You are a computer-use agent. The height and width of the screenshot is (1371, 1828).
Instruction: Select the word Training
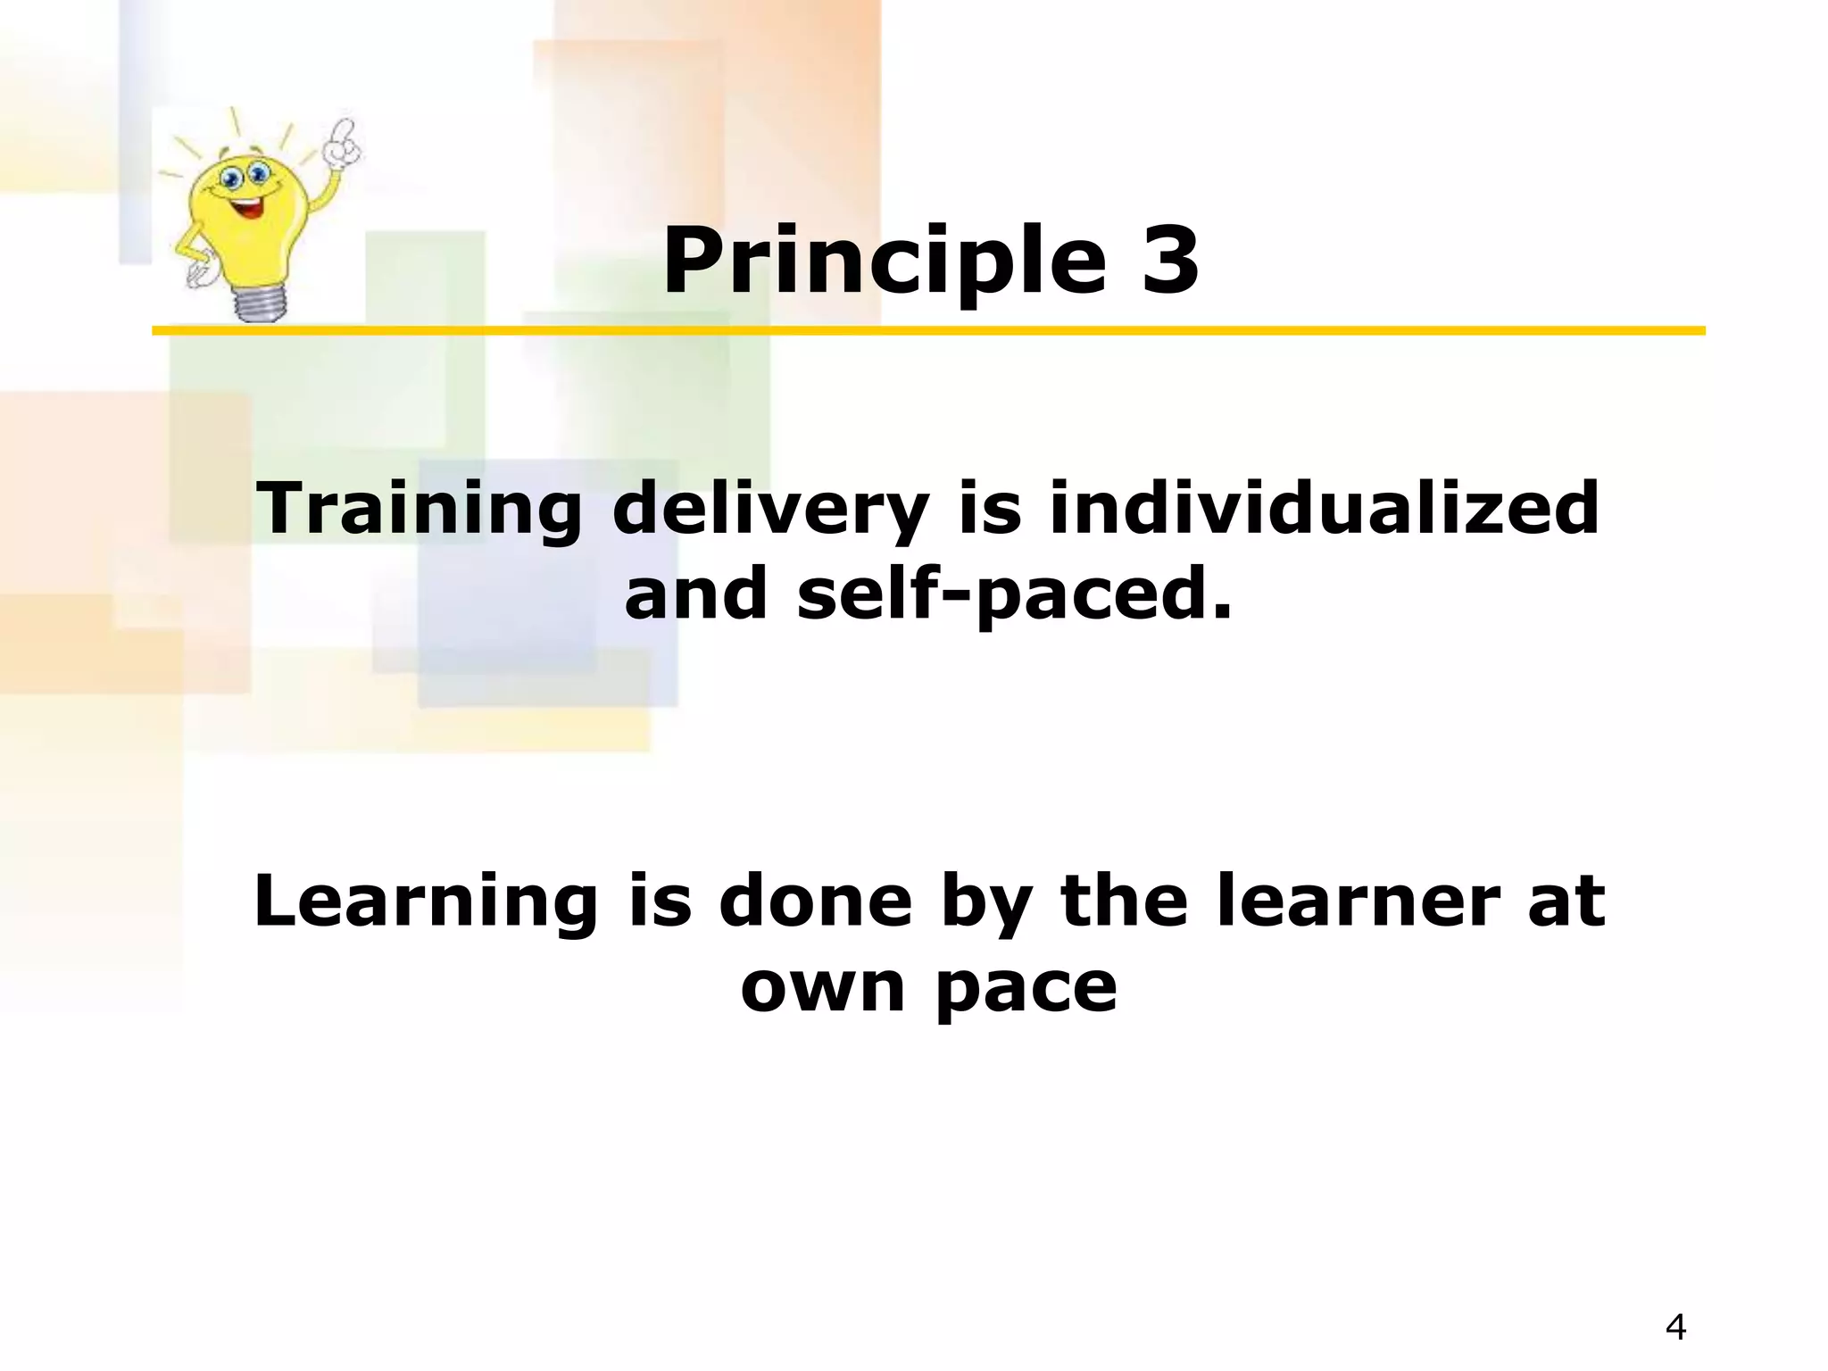(x=419, y=509)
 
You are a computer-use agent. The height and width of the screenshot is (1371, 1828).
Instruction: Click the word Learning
(x=425, y=902)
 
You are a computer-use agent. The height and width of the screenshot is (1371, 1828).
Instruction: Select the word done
(x=815, y=902)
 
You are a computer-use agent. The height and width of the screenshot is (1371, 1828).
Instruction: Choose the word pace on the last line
(x=1026, y=989)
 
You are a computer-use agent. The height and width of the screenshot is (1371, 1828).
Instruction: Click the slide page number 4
(x=1675, y=1327)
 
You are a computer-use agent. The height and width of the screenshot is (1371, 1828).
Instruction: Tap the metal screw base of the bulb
(x=261, y=303)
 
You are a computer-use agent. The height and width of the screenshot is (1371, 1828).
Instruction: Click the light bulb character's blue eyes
(x=245, y=175)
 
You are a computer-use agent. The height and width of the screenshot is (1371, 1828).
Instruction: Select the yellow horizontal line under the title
(x=928, y=331)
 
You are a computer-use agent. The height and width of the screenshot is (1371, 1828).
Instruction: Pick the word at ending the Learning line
(x=1566, y=902)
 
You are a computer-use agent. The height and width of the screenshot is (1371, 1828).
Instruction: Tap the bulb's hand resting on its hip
(x=198, y=272)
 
